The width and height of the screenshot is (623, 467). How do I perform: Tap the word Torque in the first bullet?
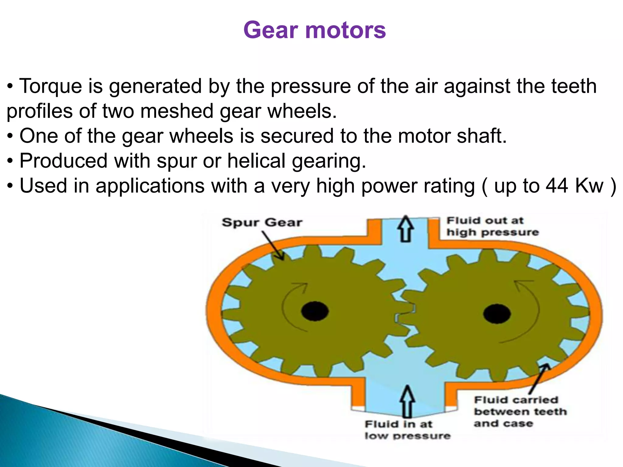coord(50,86)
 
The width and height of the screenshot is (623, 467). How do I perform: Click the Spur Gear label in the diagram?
coord(262,223)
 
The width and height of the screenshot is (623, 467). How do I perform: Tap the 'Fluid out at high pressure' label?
coord(492,226)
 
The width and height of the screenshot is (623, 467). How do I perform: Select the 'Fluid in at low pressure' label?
coord(407,430)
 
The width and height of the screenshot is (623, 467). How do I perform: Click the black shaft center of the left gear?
coord(315,311)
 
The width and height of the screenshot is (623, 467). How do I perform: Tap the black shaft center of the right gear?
coord(496,313)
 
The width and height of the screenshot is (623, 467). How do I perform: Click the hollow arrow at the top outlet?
coord(405,228)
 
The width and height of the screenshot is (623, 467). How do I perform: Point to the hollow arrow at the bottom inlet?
coord(407,401)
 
